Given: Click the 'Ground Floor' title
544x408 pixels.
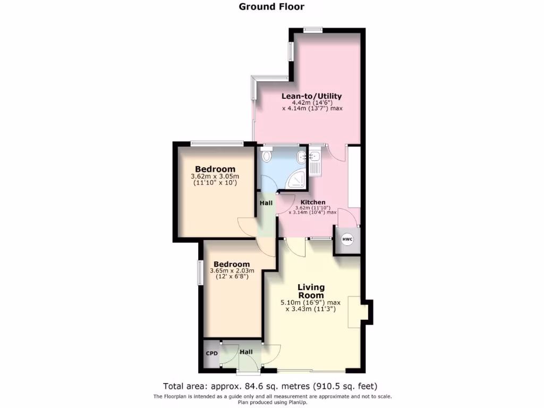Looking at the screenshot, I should click(x=271, y=6).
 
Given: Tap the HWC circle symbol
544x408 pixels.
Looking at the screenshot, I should click(x=347, y=240).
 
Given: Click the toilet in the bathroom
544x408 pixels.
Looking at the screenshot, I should click(x=266, y=155).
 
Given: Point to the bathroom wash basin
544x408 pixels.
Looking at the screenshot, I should click(x=301, y=157).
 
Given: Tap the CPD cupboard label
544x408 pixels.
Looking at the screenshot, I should click(x=212, y=353).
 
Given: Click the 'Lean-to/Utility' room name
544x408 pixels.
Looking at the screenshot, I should click(x=311, y=96).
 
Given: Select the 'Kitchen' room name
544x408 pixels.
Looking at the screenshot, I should click(x=313, y=202).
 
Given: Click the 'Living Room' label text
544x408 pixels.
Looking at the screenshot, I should click(x=311, y=291).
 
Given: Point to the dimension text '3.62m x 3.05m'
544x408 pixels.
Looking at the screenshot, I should click(x=215, y=176).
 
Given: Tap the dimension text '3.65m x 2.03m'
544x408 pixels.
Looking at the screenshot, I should click(x=231, y=270).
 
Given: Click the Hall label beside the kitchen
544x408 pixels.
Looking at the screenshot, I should click(x=266, y=202).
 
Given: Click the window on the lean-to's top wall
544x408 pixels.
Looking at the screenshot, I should click(x=313, y=30).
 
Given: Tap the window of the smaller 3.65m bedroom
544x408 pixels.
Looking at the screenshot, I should click(x=201, y=273).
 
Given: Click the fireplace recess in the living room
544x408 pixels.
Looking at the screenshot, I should click(x=355, y=312).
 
